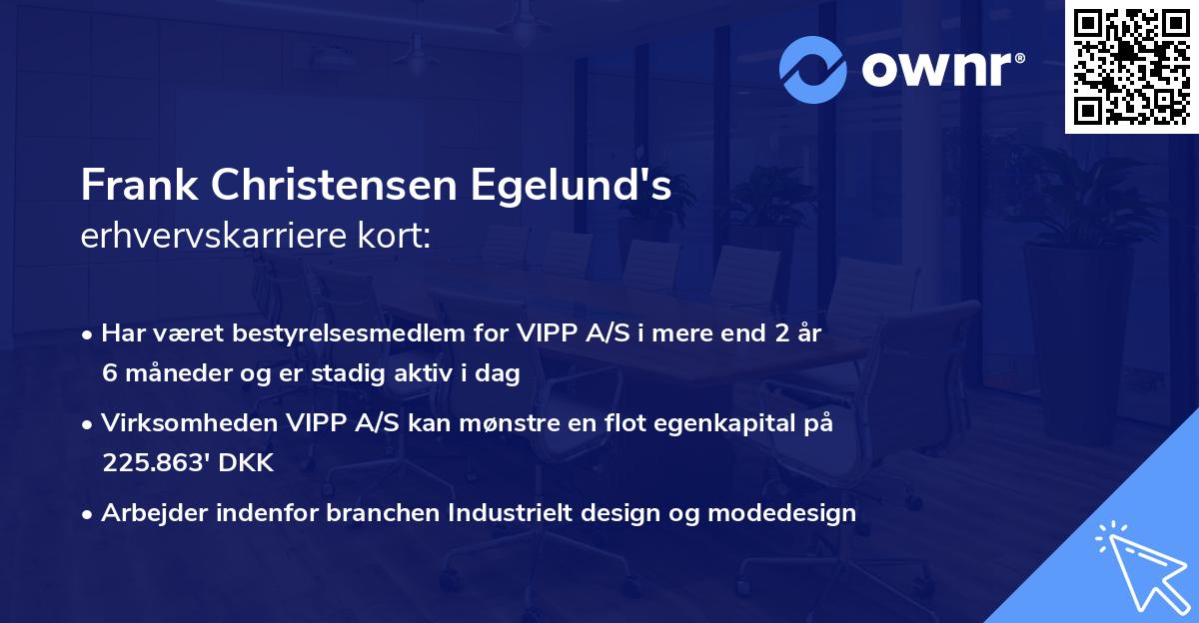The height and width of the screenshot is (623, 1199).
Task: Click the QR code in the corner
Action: (1131, 66)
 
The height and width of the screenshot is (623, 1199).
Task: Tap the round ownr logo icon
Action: (812, 69)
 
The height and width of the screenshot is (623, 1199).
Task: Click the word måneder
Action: (174, 374)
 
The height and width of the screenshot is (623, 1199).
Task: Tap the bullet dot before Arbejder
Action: (88, 514)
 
